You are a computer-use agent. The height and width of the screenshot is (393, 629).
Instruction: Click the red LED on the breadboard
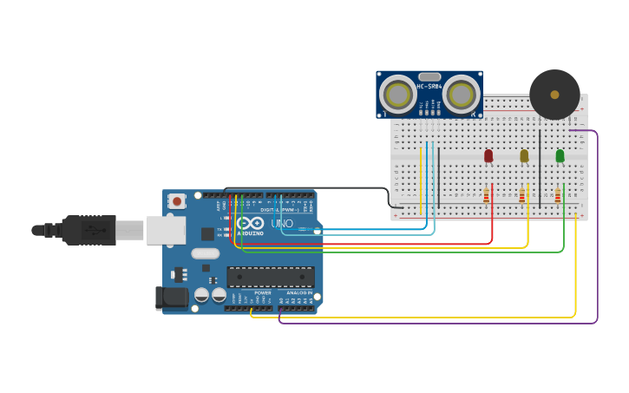click(x=488, y=155)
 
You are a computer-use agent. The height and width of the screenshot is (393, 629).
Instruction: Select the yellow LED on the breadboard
click(x=524, y=155)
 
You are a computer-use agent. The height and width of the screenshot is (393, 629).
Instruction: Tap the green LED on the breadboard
click(x=560, y=155)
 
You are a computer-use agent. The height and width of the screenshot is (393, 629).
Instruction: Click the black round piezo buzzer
click(x=554, y=94)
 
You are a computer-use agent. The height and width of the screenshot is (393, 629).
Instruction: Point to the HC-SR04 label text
click(x=429, y=86)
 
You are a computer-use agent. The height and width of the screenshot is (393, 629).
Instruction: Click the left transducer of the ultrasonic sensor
click(x=398, y=95)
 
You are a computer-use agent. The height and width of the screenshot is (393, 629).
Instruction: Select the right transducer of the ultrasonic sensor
click(x=461, y=95)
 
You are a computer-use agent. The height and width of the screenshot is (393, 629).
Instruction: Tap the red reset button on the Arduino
click(x=177, y=200)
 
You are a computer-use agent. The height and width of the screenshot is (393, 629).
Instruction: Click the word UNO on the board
click(x=282, y=223)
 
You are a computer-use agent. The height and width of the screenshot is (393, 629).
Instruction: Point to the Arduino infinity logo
click(x=251, y=223)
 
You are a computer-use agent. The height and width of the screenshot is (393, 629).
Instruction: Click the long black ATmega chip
click(x=271, y=277)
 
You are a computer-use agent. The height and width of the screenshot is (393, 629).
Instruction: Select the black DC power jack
click(x=174, y=298)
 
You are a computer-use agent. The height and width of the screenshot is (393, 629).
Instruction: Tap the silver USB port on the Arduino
click(x=166, y=230)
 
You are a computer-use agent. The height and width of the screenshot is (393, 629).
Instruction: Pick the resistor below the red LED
click(x=487, y=196)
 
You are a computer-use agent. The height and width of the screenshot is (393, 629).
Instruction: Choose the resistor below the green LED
click(x=558, y=196)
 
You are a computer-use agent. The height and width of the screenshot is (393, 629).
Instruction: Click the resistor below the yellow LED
click(x=522, y=196)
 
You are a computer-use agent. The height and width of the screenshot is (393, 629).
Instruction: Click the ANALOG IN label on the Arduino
click(x=298, y=292)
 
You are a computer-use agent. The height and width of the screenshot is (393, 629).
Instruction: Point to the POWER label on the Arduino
click(x=263, y=292)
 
